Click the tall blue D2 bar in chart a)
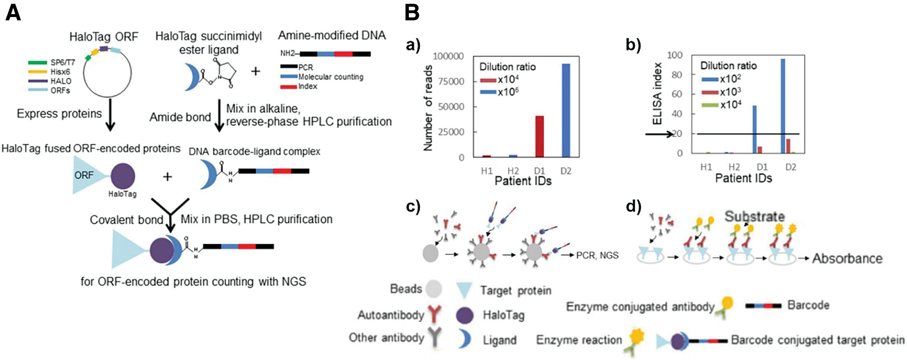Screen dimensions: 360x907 [566, 110]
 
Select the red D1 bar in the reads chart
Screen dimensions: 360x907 [539, 136]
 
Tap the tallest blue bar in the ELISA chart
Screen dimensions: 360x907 [783, 106]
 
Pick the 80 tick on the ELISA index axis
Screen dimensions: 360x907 [677, 74]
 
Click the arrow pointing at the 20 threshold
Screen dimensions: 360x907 [659, 134]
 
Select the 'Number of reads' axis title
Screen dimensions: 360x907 [428, 108]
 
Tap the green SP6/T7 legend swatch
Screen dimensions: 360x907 [37, 62]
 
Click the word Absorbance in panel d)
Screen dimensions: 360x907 [847, 258]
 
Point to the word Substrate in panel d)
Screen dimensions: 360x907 [754, 216]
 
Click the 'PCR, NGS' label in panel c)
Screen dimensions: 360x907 [597, 255]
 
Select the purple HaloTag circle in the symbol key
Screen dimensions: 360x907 [464, 315]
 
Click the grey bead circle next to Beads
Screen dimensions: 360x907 [434, 289]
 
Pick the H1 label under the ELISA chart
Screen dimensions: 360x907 [706, 167]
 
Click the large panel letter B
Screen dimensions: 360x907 [412, 13]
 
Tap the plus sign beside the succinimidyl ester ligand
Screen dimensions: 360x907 [255, 71]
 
